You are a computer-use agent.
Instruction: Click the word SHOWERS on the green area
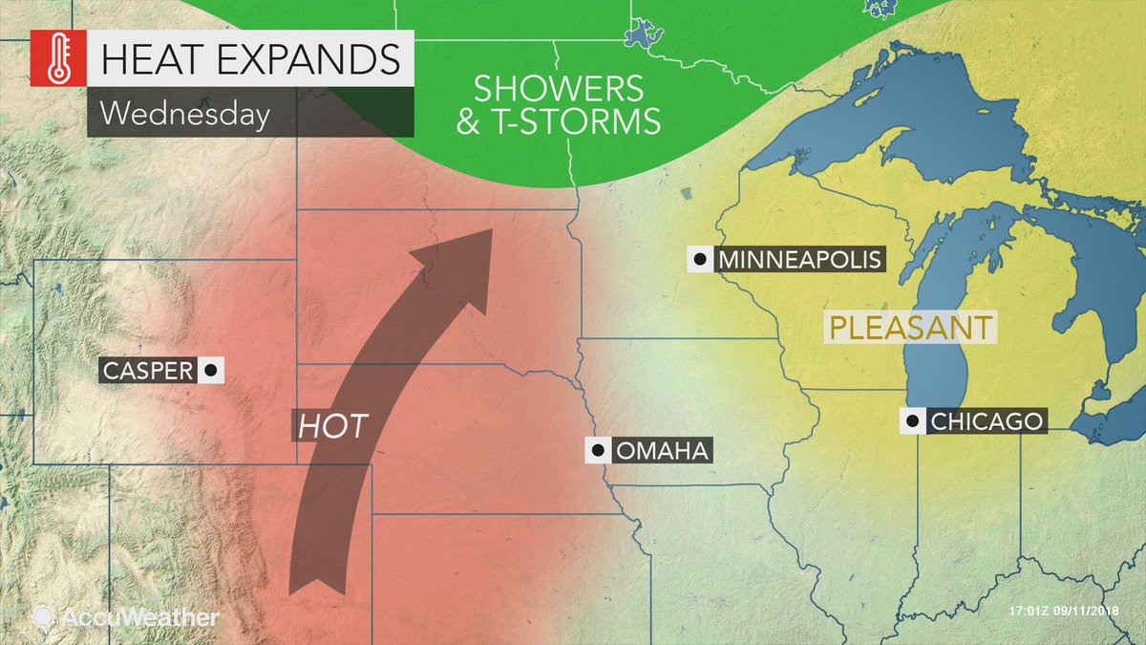(545, 89)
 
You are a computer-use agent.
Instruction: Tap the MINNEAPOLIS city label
(798, 260)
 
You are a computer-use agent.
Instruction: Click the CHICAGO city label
(986, 420)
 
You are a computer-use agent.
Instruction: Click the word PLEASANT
(909, 327)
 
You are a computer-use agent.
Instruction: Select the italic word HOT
(332, 426)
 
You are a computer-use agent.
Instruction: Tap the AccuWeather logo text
(139, 617)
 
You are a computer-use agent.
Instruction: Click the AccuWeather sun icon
(43, 617)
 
